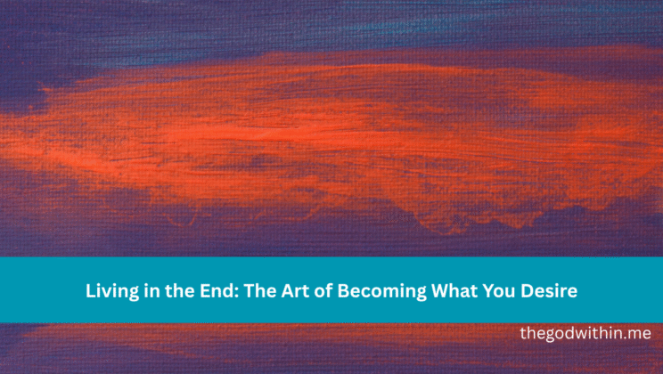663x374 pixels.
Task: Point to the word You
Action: pos(465,290)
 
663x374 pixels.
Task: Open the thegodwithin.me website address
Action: pos(585,334)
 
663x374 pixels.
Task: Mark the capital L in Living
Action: pos(89,290)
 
